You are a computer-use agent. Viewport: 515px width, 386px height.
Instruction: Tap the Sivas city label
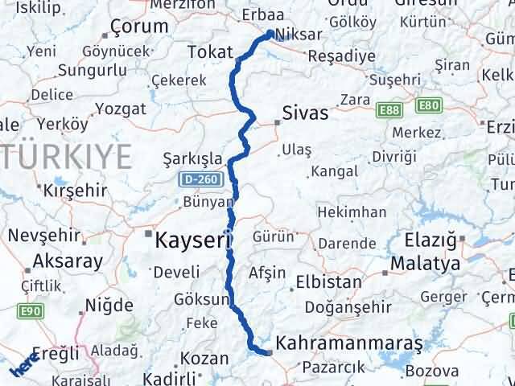tap(305, 113)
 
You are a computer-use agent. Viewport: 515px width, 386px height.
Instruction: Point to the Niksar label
tap(299, 35)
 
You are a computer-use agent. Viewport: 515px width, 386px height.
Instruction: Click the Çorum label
tap(142, 26)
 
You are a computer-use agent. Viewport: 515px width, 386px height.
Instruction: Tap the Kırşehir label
tap(74, 191)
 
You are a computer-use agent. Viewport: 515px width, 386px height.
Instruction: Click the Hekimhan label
tap(352, 212)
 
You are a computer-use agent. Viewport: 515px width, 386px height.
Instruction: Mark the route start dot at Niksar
tap(269, 35)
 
